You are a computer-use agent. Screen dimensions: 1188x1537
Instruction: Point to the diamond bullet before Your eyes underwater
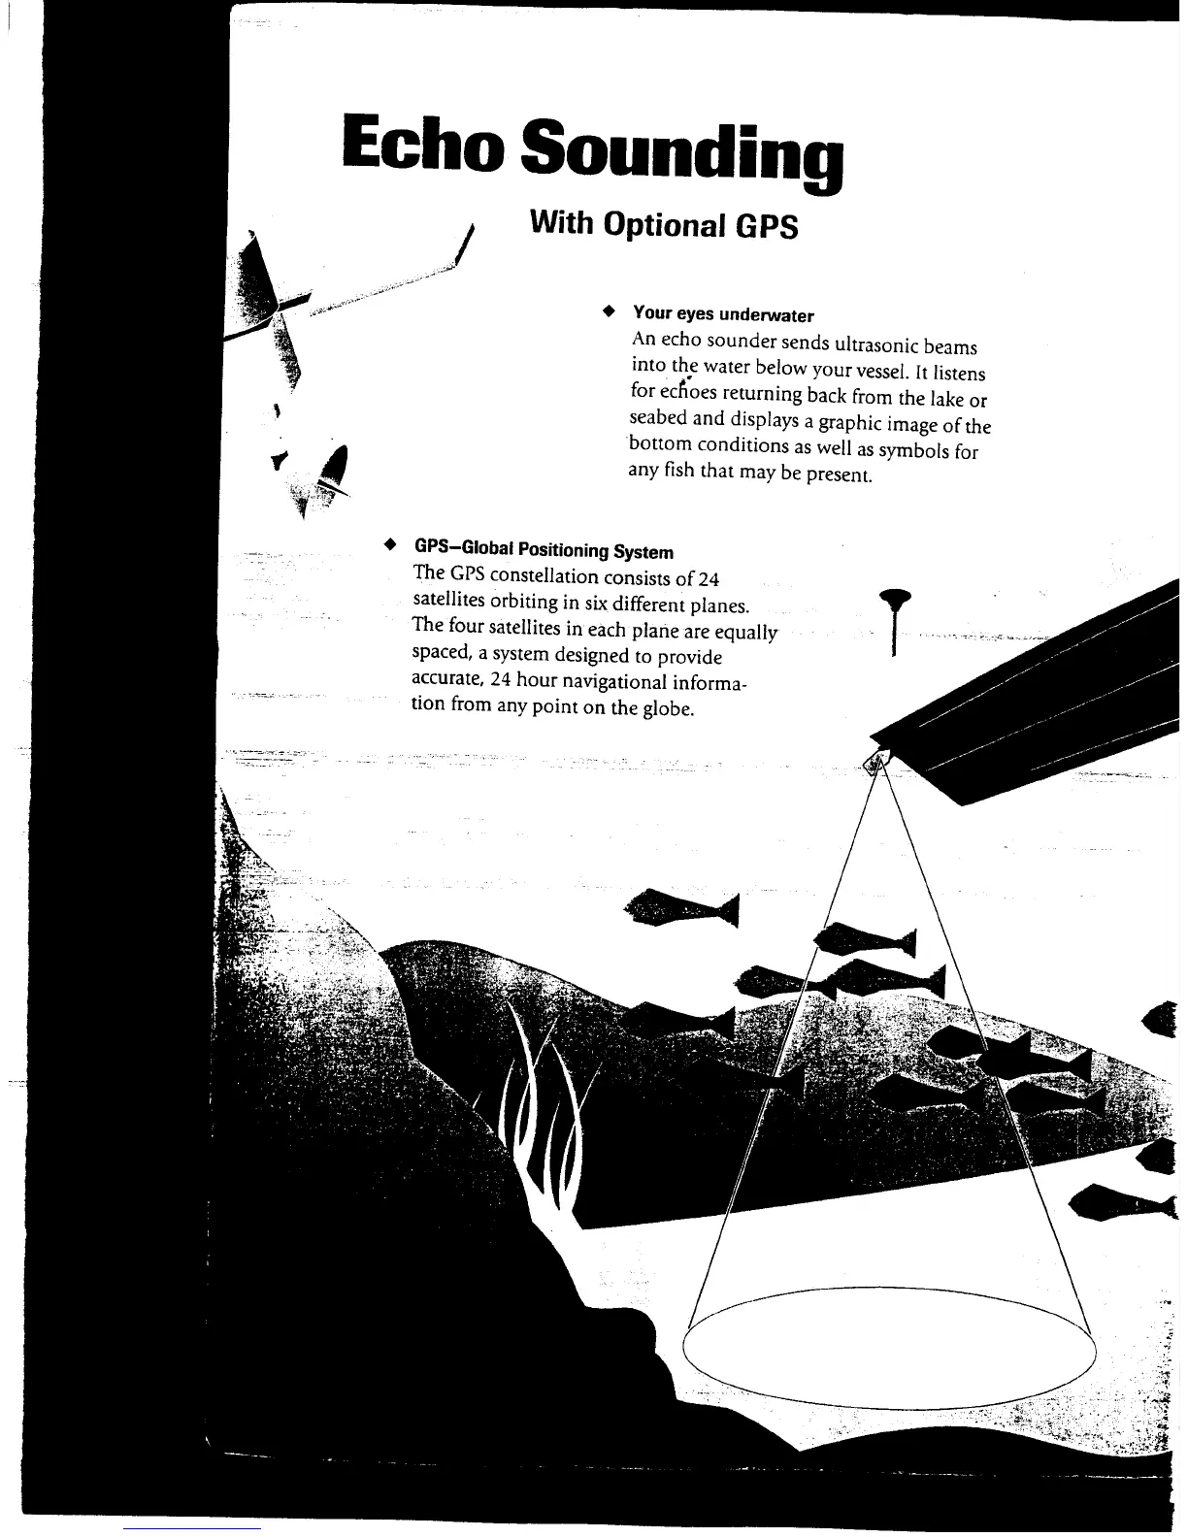tap(609, 312)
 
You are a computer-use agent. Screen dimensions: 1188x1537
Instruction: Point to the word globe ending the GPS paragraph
tap(665, 707)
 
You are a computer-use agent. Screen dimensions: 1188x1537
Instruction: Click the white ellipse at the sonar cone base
tap(889, 1350)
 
